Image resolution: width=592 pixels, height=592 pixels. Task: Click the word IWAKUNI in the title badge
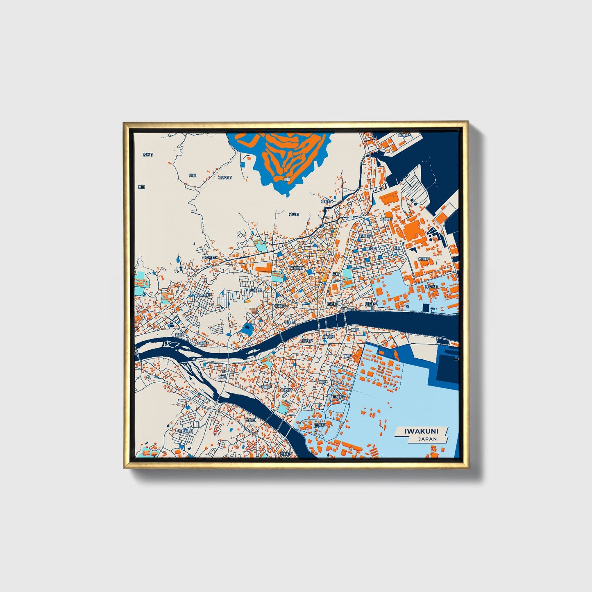(x=421, y=431)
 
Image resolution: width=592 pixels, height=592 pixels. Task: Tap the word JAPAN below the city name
(x=427, y=439)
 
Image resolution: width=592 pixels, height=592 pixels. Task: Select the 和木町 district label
(x=148, y=154)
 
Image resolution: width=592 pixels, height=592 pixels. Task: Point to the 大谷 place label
(x=193, y=175)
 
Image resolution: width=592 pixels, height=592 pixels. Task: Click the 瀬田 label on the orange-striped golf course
(x=287, y=179)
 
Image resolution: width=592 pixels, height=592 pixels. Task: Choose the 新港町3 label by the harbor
(x=404, y=135)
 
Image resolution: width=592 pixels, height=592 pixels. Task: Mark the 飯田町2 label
(x=386, y=219)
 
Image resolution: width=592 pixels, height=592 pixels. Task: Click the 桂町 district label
(x=397, y=248)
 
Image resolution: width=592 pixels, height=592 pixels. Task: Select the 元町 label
(x=336, y=274)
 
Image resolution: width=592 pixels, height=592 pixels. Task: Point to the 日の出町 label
(x=431, y=286)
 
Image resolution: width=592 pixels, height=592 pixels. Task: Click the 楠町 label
(x=222, y=377)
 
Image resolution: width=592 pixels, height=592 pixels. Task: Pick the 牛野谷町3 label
(x=185, y=431)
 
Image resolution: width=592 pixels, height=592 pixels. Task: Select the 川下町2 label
(x=307, y=340)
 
